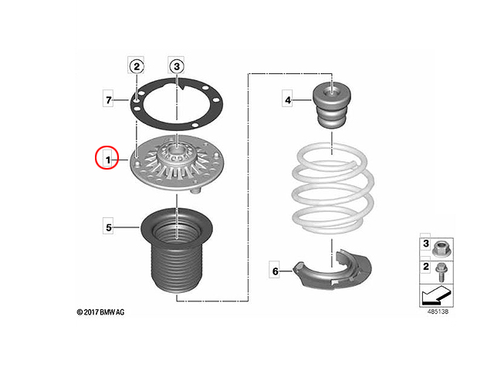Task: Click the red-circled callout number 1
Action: [108, 160]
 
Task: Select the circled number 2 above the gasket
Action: [137, 66]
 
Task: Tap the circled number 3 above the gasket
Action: [177, 66]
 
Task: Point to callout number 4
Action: [288, 100]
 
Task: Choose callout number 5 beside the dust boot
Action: [109, 227]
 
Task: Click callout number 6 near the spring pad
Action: [276, 271]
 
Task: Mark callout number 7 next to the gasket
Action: [109, 100]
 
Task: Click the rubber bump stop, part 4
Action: [331, 105]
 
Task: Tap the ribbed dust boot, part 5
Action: [177, 250]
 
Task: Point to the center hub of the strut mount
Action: [177, 153]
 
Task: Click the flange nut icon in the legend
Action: [441, 248]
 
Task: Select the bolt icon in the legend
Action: [441, 272]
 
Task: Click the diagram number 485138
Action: [438, 311]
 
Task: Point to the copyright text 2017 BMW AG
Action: [101, 312]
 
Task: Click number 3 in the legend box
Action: [426, 244]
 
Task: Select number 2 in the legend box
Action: [426, 267]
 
